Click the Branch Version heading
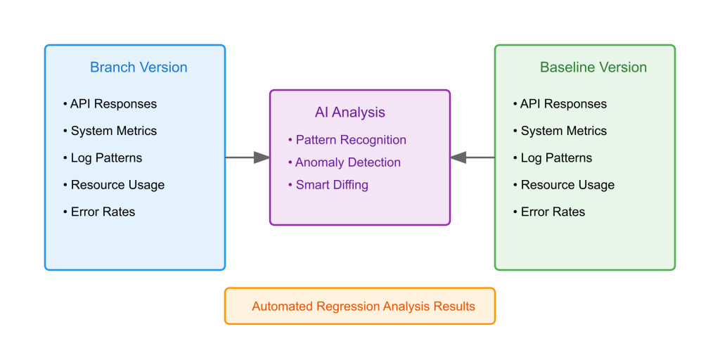139,67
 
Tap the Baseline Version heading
593,67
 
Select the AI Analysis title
350,112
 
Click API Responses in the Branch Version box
113,104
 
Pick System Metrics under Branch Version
113,131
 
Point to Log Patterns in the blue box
106,158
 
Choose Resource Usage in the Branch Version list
117,185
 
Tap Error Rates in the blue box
103,212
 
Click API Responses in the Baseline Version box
563,104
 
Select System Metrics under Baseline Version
563,131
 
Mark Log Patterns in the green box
556,158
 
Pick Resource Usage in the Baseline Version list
567,185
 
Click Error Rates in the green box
553,212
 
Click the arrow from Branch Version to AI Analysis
247,157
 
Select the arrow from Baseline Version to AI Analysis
472,157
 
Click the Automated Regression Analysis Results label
364,307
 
